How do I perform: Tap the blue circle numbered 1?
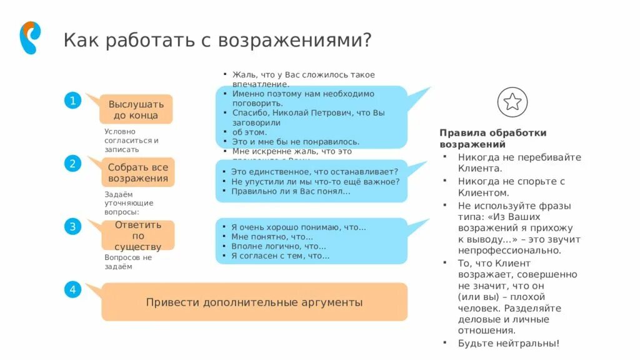point(72,101)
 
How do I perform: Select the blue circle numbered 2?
point(72,164)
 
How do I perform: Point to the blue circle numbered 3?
point(72,227)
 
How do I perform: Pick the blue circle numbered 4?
point(72,289)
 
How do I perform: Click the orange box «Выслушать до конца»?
point(136,109)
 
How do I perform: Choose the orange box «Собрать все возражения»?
point(137,172)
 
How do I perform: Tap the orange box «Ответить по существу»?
point(137,236)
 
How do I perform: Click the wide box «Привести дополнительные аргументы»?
point(254,302)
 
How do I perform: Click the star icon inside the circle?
point(512,102)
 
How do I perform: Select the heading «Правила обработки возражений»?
point(492,138)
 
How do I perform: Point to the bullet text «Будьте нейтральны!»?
point(509,343)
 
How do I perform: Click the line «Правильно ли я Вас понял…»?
point(291,191)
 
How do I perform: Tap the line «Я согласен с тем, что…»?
point(280,256)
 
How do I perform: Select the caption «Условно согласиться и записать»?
point(131,141)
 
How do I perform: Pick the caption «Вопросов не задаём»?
point(128,262)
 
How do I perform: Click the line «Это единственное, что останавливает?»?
point(310,171)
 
